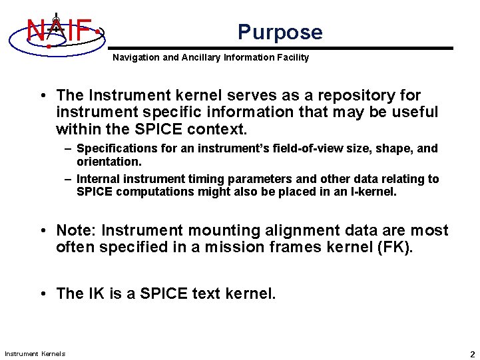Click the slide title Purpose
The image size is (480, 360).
point(280,32)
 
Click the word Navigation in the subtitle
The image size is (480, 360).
point(136,58)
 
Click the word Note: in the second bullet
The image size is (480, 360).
point(77,231)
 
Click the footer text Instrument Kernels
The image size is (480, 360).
point(35,353)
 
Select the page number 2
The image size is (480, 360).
point(472,354)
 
